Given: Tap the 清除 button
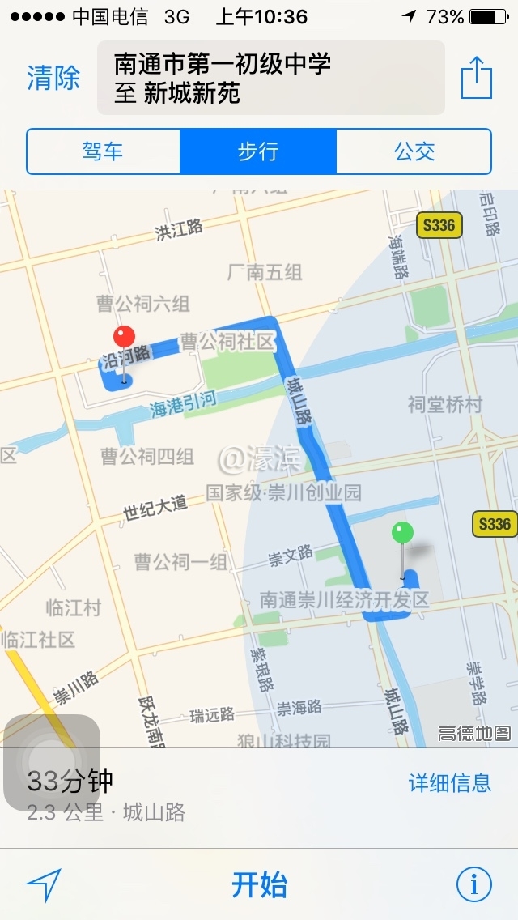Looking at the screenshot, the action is coord(53,79).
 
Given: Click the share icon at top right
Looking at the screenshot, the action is coord(477,79).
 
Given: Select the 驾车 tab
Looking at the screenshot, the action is coord(103,151).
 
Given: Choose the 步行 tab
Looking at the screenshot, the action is coord(258,151).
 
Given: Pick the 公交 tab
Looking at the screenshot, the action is coord(414,151).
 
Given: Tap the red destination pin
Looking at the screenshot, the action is coord(124,338).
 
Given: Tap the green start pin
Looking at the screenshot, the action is coord(402,534).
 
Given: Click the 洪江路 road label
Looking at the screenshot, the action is coord(179,230).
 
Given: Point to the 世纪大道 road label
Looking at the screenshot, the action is coord(155,508).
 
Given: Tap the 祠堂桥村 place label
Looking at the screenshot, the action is coord(444,404).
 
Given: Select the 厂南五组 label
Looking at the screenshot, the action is coord(265,272).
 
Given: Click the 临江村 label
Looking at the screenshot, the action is coord(73,607).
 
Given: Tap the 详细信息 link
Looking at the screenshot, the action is coord(450,782).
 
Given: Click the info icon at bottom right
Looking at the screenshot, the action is coord(474,884).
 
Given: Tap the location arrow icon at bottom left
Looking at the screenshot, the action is coord(44,884).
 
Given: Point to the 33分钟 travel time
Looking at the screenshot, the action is coord(70,782).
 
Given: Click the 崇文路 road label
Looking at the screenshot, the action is coord(291,556).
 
